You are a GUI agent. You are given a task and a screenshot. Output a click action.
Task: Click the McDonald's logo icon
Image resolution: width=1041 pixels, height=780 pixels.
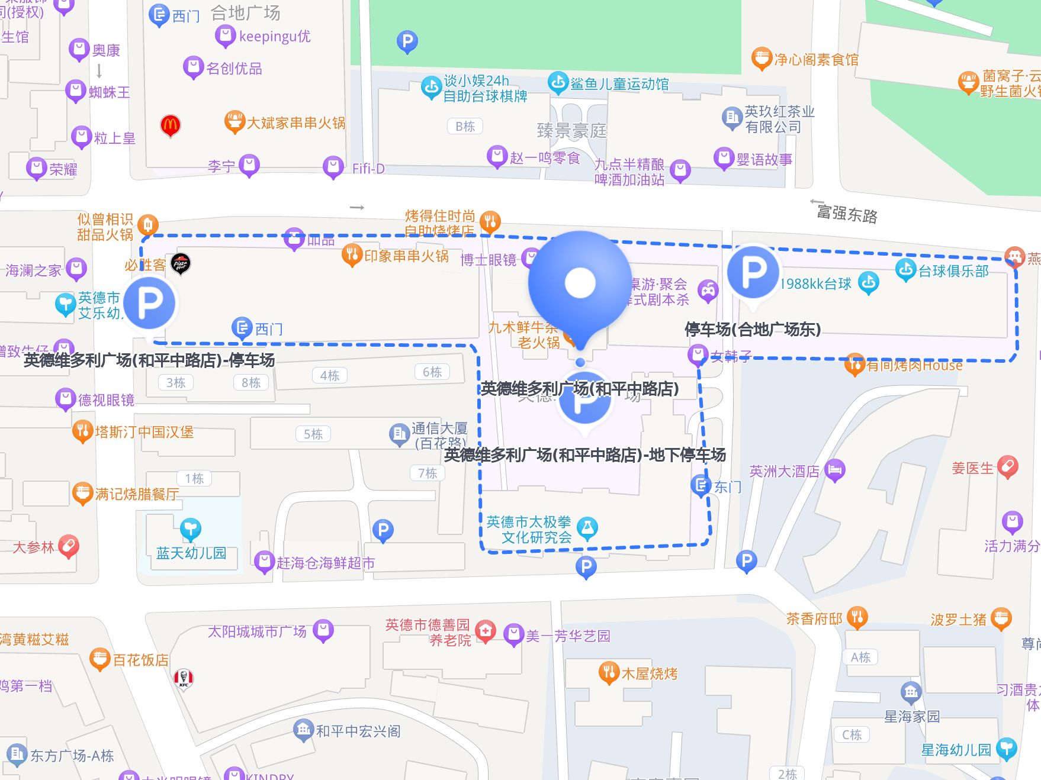171,125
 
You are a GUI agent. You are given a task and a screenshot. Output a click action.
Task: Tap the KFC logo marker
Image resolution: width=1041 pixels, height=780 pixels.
184,678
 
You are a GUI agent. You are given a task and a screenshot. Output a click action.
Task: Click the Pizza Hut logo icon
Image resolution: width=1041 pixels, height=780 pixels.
180,263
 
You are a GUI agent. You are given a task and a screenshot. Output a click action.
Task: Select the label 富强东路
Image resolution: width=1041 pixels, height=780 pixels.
847,213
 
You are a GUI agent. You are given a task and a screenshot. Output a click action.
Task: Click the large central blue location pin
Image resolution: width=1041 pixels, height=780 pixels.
580,284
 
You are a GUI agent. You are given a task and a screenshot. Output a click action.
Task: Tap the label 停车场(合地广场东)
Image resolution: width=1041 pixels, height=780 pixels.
753,329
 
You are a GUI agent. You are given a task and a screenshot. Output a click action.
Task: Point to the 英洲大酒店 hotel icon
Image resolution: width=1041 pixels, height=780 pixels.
835,470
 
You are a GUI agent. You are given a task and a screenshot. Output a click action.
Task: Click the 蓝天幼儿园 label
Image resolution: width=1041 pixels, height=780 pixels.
191,553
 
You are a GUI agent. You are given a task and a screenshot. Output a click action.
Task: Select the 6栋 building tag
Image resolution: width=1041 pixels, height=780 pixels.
432,372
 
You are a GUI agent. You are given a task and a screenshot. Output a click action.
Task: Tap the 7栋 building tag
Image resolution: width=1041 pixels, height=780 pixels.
427,473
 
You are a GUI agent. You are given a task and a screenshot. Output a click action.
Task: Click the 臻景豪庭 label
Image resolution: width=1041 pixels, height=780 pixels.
571,130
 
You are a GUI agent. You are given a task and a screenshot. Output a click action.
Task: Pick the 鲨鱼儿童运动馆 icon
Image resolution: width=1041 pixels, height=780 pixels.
558,83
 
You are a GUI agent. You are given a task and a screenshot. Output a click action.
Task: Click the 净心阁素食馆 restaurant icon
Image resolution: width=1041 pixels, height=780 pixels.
762,59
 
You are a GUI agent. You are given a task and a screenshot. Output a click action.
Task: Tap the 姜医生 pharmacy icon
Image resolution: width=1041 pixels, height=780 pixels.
1007,467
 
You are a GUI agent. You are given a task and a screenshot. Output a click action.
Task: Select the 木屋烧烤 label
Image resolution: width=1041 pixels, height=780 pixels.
649,673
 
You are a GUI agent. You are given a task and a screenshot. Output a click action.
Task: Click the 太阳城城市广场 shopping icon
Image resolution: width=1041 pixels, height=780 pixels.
323,630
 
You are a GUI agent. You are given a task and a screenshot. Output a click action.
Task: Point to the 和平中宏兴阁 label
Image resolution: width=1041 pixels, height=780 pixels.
358,731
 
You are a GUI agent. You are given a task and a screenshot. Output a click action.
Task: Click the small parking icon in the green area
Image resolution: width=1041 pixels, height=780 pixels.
407,41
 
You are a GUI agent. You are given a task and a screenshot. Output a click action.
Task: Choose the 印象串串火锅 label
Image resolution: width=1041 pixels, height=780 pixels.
406,256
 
